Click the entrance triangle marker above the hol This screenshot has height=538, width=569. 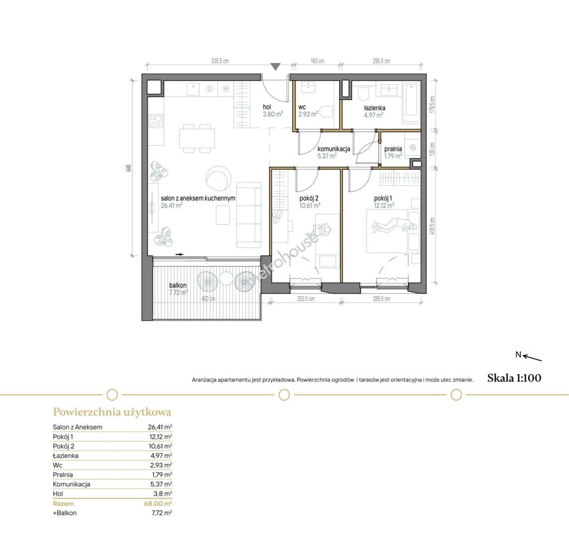pyautogui.click(x=276, y=67)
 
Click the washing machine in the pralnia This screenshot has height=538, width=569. pyautogui.click(x=412, y=147)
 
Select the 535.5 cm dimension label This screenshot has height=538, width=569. pyautogui.click(x=220, y=61)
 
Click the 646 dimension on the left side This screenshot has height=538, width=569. pyautogui.click(x=128, y=168)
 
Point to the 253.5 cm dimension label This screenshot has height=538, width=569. pyautogui.click(x=306, y=299)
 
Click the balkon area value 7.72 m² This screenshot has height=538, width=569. pyautogui.click(x=178, y=292)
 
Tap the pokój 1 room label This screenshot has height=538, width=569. pyautogui.click(x=383, y=198)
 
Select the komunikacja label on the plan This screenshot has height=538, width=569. pyautogui.click(x=334, y=149)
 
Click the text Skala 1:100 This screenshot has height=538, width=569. pyautogui.click(x=514, y=378)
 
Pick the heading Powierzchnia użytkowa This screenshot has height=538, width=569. pyautogui.click(x=112, y=412)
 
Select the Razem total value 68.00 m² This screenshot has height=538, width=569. pyautogui.click(x=158, y=504)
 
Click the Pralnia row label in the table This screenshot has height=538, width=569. pyautogui.click(x=63, y=475)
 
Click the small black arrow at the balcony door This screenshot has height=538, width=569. pyautogui.click(x=179, y=255)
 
